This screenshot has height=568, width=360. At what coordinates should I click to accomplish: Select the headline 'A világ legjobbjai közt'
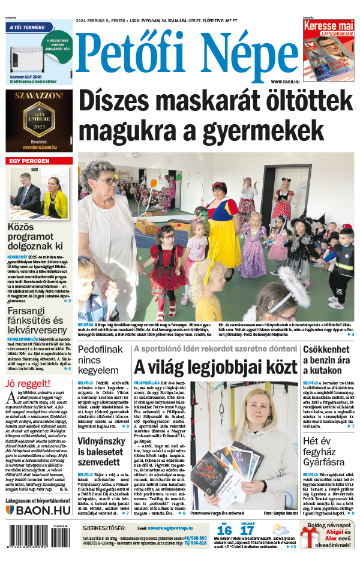[215, 366]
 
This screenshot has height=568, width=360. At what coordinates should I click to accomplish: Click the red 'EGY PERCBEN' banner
[28, 161]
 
